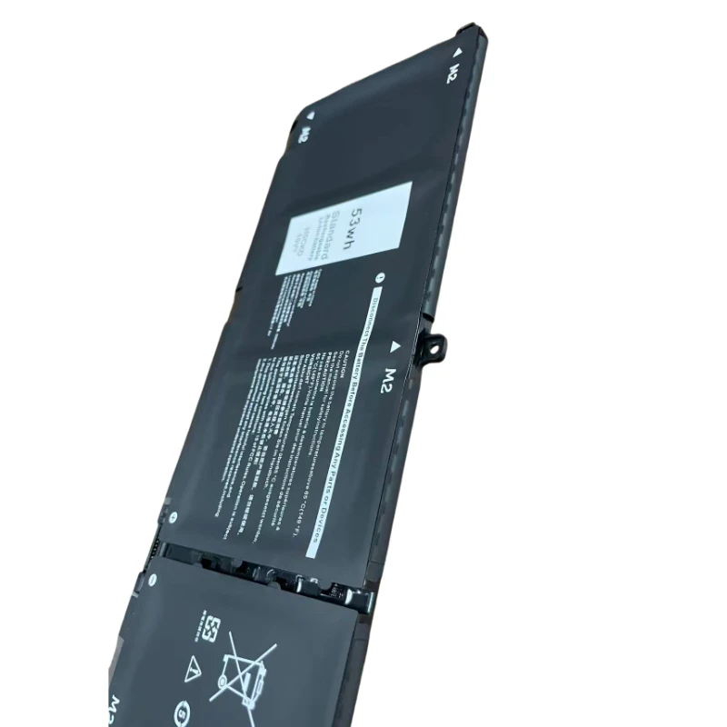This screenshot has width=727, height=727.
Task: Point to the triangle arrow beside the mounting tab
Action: click(x=396, y=346)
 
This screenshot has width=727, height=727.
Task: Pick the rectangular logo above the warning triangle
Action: click(x=208, y=628)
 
